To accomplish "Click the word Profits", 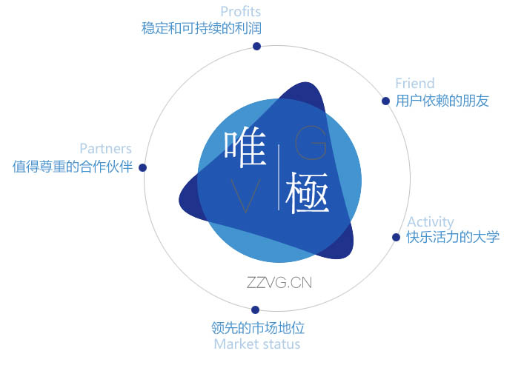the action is tap(241, 12).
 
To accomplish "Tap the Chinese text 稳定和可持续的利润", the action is tap(202, 28).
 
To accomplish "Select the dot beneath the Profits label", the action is tap(256, 46).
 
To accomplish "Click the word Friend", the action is tap(415, 83).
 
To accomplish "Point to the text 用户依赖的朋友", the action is tap(442, 101).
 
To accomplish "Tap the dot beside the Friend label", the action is tap(385, 101).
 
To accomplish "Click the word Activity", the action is tap(431, 221).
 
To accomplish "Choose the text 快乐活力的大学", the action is tap(453, 237).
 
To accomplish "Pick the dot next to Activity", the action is tap(396, 237).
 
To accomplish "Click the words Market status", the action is tap(257, 344).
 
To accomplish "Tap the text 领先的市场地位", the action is tap(258, 328).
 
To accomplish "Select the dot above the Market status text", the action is tap(255, 310).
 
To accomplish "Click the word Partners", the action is tap(105, 149).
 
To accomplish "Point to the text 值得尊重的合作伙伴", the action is tap(73, 167).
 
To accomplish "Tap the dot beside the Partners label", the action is tap(143, 167).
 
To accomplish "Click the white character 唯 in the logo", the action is tap(245, 147).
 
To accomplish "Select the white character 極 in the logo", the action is tap(308, 193).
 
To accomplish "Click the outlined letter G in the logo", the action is tap(311, 143).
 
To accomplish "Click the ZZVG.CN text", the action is tap(279, 283).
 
